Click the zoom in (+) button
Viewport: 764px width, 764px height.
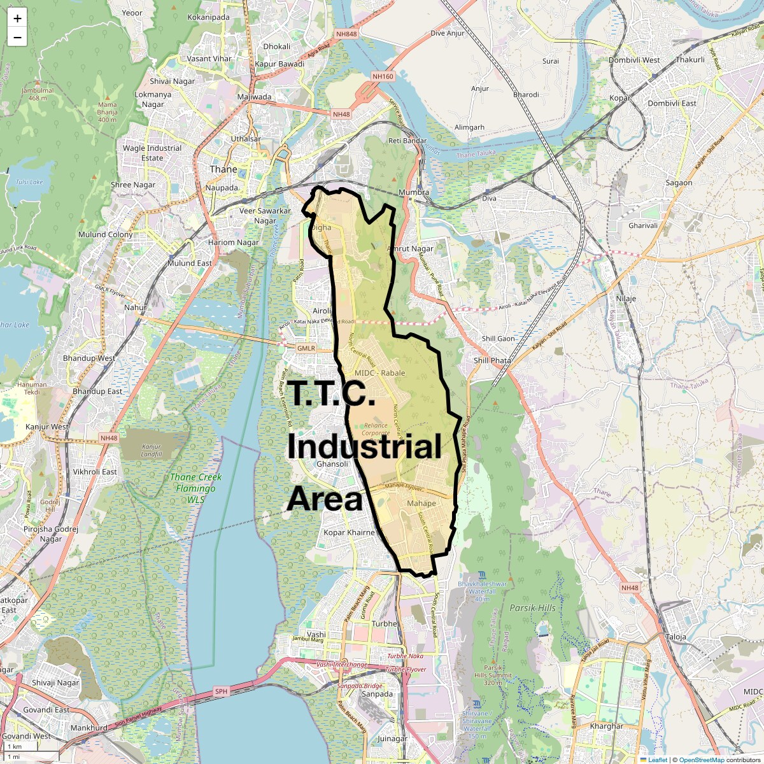coord(17,18)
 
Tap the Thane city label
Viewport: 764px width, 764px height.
coord(223,169)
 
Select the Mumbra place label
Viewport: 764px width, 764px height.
coord(413,192)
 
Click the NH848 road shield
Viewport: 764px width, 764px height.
coord(346,34)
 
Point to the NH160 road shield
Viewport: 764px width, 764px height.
coord(383,76)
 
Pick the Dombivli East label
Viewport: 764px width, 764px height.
coord(672,103)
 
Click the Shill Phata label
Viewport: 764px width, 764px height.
coord(492,360)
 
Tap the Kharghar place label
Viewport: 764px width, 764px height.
coord(607,726)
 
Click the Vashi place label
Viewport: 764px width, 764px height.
coord(316,635)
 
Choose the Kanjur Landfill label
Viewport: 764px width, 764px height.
coord(152,450)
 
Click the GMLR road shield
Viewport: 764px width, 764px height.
coord(306,348)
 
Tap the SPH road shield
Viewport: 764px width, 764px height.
coord(221,691)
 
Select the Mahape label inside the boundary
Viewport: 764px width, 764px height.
coord(421,504)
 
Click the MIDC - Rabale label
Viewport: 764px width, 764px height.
coord(380,373)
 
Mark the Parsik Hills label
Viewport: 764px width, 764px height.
coord(532,608)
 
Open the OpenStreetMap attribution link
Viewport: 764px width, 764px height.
coord(701,760)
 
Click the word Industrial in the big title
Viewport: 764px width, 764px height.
coord(364,448)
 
